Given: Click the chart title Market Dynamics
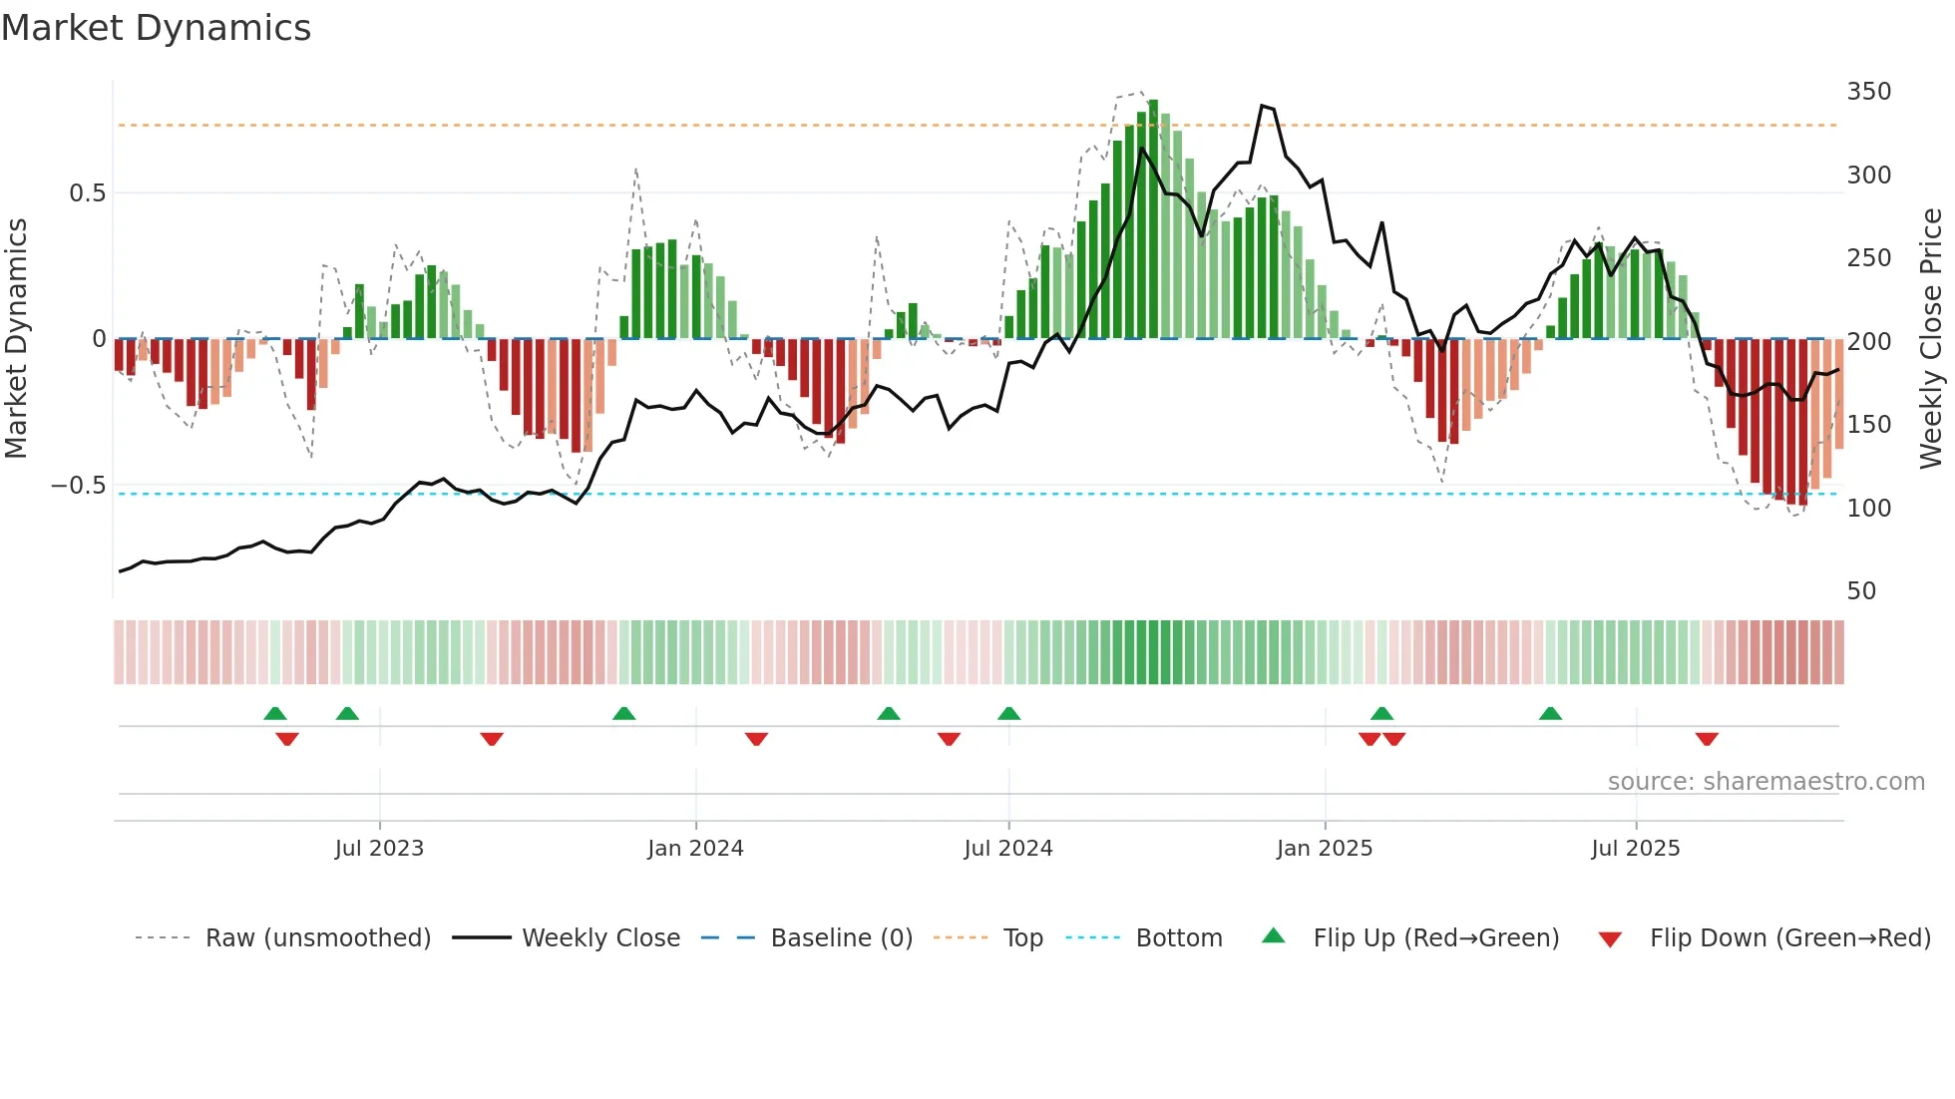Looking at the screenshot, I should (156, 28).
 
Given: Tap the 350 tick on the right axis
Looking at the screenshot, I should (1868, 92).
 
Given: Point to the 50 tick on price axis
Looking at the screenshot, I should (1861, 591).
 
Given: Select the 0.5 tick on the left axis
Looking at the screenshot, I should (87, 193).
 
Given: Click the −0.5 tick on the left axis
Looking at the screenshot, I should (79, 486).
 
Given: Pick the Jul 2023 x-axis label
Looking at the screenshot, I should (379, 849).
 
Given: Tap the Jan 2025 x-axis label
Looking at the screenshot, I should (1324, 849).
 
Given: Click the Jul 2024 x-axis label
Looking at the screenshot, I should (1007, 849).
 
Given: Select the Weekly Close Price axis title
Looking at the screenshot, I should (1931, 339).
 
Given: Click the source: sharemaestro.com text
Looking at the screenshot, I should (1765, 782).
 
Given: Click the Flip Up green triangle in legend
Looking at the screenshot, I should (1274, 936).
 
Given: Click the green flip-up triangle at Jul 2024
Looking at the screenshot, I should (1008, 713).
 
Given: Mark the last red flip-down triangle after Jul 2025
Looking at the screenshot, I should (1707, 739).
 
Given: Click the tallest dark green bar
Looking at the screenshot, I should (1153, 219).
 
